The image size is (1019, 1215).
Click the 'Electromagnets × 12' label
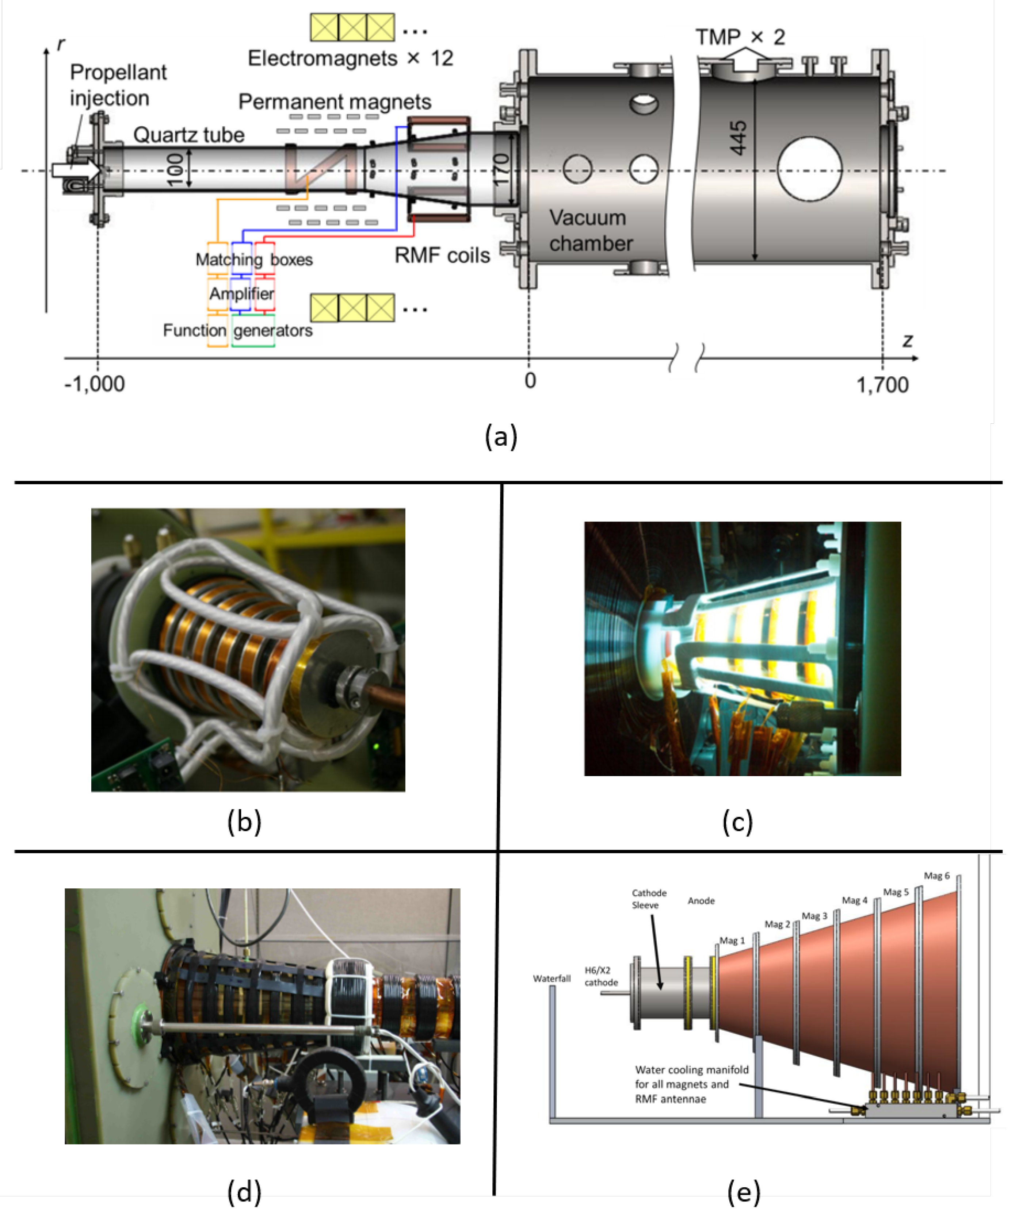350,58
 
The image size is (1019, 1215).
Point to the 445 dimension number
738,138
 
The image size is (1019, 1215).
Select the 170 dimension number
501,169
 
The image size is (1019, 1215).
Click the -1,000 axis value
94,384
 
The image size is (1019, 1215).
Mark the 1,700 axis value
882,385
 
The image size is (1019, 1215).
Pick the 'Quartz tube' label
189,135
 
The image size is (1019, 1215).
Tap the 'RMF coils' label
442,255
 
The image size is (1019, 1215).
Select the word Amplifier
241,293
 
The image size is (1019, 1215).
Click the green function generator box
253,331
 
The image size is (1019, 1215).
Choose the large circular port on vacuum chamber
809,169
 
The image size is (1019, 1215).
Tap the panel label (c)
737,822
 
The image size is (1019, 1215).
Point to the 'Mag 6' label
936,875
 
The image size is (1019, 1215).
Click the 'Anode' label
701,900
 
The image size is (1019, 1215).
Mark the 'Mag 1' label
732,940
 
